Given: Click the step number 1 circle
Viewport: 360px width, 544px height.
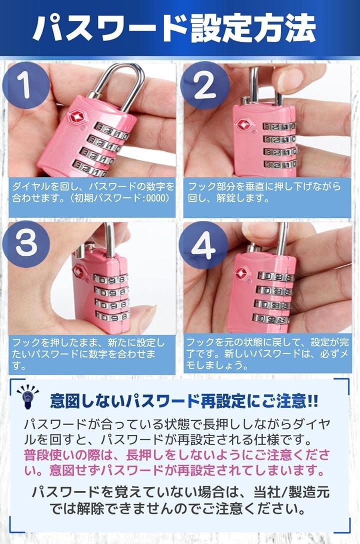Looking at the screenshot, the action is [x=25, y=85].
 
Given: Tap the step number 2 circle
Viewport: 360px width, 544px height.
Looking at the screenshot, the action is [x=205, y=85].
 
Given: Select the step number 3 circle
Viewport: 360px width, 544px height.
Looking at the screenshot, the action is [x=26, y=243].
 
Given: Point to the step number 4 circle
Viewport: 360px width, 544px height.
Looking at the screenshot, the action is [x=203, y=245].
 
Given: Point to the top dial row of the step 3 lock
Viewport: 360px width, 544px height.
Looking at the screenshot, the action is [x=110, y=279].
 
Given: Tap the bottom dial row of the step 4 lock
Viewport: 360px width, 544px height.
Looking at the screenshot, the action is [x=271, y=319].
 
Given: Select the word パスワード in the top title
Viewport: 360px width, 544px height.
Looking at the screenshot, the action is [x=111, y=28].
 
